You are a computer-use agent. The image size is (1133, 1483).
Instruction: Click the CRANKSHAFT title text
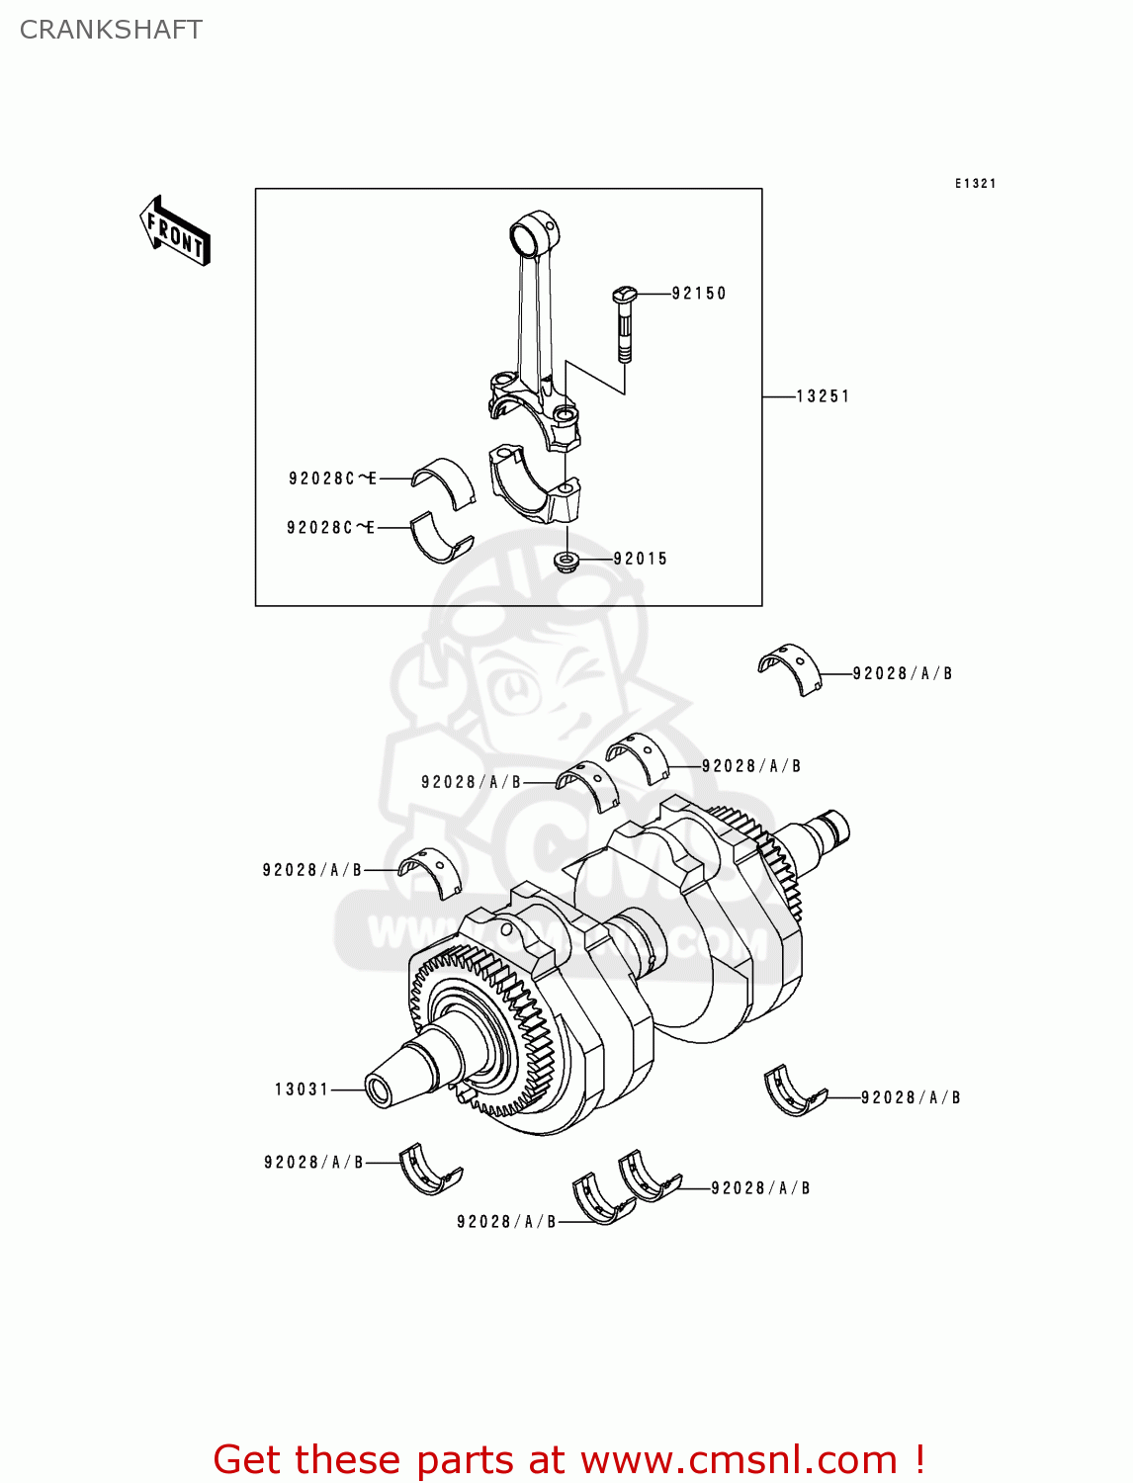[x=111, y=30]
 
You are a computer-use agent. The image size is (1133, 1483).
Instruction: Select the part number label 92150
[x=698, y=294]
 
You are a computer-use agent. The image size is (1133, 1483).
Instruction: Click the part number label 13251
[x=823, y=396]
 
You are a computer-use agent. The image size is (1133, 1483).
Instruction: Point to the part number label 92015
[x=640, y=559]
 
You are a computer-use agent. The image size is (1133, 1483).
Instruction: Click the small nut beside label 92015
[x=566, y=562]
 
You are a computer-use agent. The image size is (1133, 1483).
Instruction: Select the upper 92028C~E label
[x=332, y=479]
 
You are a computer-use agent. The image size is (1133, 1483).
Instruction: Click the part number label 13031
[x=301, y=1090]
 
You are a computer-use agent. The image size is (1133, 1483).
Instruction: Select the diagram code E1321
[x=975, y=184]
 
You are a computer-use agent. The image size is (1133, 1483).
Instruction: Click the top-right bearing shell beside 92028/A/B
[x=790, y=668]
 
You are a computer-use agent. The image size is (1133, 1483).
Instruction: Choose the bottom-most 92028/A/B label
[x=506, y=1222]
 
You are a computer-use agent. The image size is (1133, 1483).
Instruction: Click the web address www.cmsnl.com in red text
[x=740, y=1460]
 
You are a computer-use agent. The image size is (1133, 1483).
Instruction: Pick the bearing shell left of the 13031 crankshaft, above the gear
[x=429, y=870]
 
